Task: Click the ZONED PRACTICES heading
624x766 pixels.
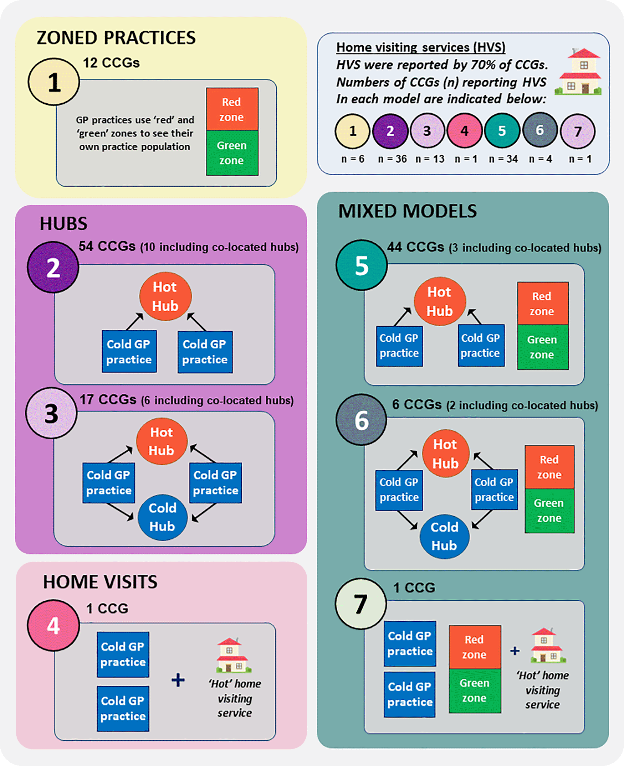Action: click(x=116, y=38)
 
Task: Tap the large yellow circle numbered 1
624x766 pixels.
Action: click(x=54, y=82)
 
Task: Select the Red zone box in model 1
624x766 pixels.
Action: click(x=232, y=109)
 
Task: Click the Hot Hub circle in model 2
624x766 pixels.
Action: click(x=165, y=296)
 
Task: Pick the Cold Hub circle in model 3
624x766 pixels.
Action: click(x=163, y=517)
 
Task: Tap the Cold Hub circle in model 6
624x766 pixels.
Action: click(x=444, y=536)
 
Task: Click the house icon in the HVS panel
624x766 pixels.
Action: click(x=578, y=72)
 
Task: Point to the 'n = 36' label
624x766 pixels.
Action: click(x=392, y=159)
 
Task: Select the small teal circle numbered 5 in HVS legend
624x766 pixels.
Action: click(x=502, y=131)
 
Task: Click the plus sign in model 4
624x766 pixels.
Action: click(x=178, y=680)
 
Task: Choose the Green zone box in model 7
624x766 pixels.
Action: click(x=475, y=690)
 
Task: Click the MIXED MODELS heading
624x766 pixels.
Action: click(x=407, y=211)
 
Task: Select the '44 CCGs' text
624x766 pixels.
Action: click(x=415, y=247)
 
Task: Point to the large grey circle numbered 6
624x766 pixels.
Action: click(x=361, y=420)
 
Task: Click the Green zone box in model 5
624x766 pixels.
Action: click(x=542, y=347)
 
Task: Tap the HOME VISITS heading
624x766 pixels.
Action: click(x=100, y=582)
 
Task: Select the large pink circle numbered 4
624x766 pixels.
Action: click(x=53, y=625)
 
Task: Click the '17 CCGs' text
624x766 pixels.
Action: click(x=108, y=400)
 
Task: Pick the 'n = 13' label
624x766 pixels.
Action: click(x=430, y=159)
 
